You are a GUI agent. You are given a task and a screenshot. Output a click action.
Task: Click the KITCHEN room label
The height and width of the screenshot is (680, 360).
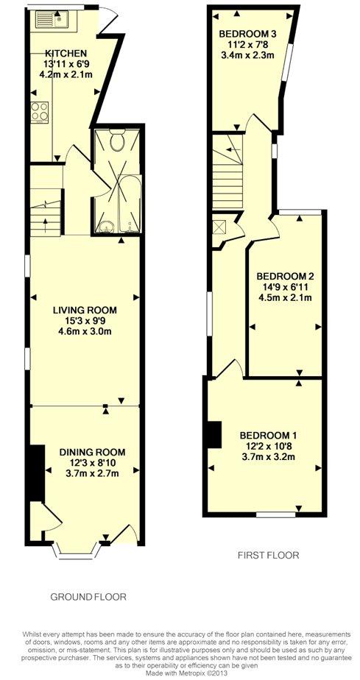coord(66,53)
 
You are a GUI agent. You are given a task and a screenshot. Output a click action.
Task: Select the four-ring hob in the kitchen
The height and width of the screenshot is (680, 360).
coord(40,112)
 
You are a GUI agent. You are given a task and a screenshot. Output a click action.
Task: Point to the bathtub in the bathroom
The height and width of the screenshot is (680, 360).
coord(130,204)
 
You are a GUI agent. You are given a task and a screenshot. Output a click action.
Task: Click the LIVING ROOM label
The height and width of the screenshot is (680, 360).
coord(85,311)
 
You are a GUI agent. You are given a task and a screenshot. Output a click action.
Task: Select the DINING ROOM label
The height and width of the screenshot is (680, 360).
coord(92,453)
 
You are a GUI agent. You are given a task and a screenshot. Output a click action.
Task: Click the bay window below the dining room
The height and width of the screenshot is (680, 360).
coord(77,550)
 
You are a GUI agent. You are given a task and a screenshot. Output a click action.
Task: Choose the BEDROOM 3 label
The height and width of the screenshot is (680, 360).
coord(248,34)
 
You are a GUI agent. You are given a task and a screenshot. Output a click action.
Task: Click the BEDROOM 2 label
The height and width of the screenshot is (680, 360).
coord(286,277)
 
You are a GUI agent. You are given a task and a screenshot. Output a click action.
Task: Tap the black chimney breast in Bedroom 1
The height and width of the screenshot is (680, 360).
coord(214,434)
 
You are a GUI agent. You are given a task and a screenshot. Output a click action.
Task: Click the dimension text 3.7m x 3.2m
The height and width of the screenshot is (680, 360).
coord(269,456)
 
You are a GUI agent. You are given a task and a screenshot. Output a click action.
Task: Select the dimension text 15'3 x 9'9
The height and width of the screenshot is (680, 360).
coord(85,322)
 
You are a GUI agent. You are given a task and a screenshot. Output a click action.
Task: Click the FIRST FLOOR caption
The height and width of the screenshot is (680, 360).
coord(269,555)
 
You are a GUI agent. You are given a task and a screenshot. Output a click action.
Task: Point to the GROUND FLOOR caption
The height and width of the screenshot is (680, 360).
coord(88,597)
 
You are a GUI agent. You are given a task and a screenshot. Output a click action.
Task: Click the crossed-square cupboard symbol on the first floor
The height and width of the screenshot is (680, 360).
coord(218,225)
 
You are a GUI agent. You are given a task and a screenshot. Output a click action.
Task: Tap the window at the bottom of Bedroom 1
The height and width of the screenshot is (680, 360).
coord(276,514)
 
